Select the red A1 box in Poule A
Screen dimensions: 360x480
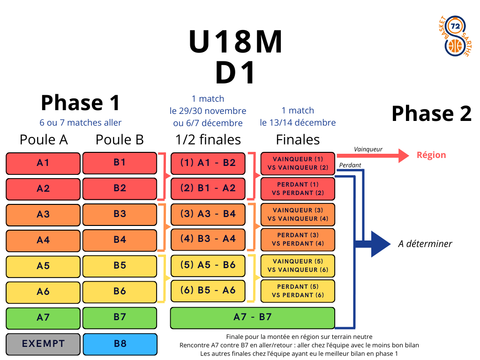[x=43, y=163]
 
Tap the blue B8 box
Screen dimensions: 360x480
[x=120, y=344]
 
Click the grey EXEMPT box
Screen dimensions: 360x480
[x=43, y=344]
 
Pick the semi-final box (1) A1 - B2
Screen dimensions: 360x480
[x=208, y=163]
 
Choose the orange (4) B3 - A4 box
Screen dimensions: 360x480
[x=208, y=239]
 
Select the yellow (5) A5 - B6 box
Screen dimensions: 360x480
[x=208, y=265]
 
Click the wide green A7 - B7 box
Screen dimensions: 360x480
[x=252, y=317]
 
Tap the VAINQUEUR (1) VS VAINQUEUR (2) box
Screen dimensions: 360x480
[x=298, y=164]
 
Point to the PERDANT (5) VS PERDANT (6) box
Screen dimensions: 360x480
[x=298, y=291]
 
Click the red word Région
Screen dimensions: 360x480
[x=431, y=155]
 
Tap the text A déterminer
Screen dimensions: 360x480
[x=425, y=244]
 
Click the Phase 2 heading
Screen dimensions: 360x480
[x=431, y=113]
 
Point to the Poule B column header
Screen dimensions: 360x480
[x=120, y=140]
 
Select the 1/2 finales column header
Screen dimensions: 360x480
[x=208, y=140]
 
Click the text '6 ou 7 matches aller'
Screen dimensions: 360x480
[x=81, y=123]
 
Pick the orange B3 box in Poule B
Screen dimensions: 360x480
[x=120, y=214]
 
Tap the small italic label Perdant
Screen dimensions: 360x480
[x=350, y=165]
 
